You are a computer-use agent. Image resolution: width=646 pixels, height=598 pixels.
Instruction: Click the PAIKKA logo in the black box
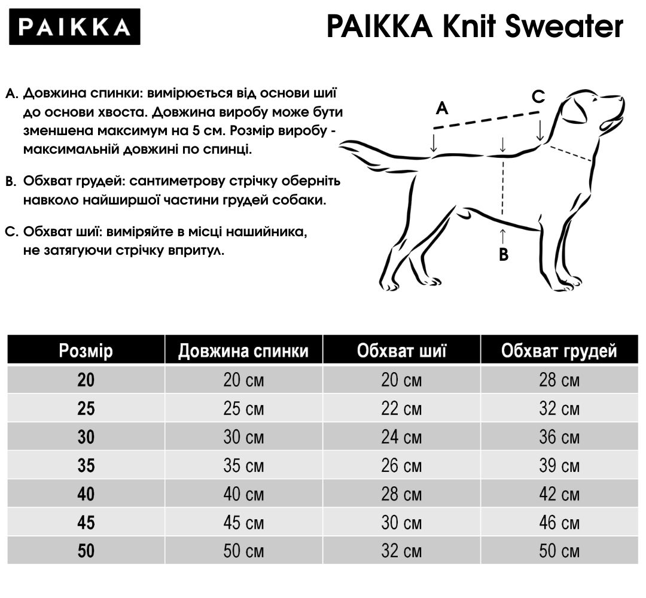[75, 27]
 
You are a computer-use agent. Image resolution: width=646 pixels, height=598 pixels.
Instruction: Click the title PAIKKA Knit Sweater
[474, 27]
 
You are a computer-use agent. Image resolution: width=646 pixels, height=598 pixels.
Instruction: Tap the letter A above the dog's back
[442, 108]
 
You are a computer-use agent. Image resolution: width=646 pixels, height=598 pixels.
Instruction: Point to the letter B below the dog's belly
[504, 255]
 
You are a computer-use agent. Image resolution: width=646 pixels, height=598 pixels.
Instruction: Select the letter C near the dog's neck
[538, 96]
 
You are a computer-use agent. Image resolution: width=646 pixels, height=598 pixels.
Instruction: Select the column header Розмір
[86, 351]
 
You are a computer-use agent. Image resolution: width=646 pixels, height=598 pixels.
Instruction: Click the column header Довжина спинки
[243, 351]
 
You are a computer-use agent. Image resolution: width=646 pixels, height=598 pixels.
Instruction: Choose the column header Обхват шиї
[401, 351]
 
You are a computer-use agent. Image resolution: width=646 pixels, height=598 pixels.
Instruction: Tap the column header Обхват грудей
[559, 351]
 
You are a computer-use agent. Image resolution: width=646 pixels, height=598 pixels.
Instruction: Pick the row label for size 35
[86, 465]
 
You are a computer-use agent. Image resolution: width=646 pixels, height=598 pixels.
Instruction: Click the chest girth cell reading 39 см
[559, 465]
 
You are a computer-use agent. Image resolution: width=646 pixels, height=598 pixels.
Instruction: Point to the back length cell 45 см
[243, 523]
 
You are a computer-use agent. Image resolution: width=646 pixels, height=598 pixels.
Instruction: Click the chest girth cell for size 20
[559, 380]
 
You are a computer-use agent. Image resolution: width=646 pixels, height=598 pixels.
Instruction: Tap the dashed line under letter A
[485, 120]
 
